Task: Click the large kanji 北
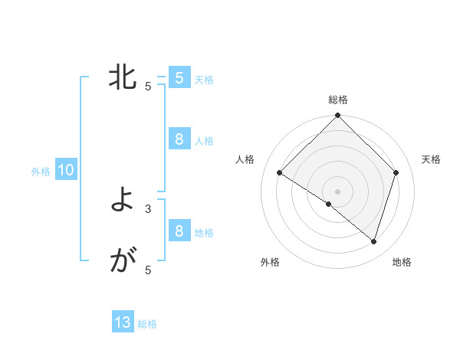pos(123,77)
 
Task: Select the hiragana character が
pos(123,262)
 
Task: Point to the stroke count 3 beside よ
pos(148,208)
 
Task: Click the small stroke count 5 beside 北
pos(148,86)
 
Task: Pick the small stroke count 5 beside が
pos(148,270)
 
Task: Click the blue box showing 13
pos(123,322)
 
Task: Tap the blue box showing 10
pos(66,171)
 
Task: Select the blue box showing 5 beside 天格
pos(179,77)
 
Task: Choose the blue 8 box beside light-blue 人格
pos(179,139)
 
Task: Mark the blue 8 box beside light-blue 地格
pos(179,231)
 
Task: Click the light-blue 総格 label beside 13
pos(147,324)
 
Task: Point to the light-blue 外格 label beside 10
pos(41,172)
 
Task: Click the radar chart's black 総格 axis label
pos(338,100)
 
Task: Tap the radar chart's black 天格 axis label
pos(431,159)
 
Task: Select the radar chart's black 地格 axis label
pos(402,262)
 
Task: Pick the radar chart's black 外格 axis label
pos(270,262)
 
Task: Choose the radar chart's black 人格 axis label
pos(245,159)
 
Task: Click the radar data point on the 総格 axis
pos(338,116)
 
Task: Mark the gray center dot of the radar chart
pos(338,191)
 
